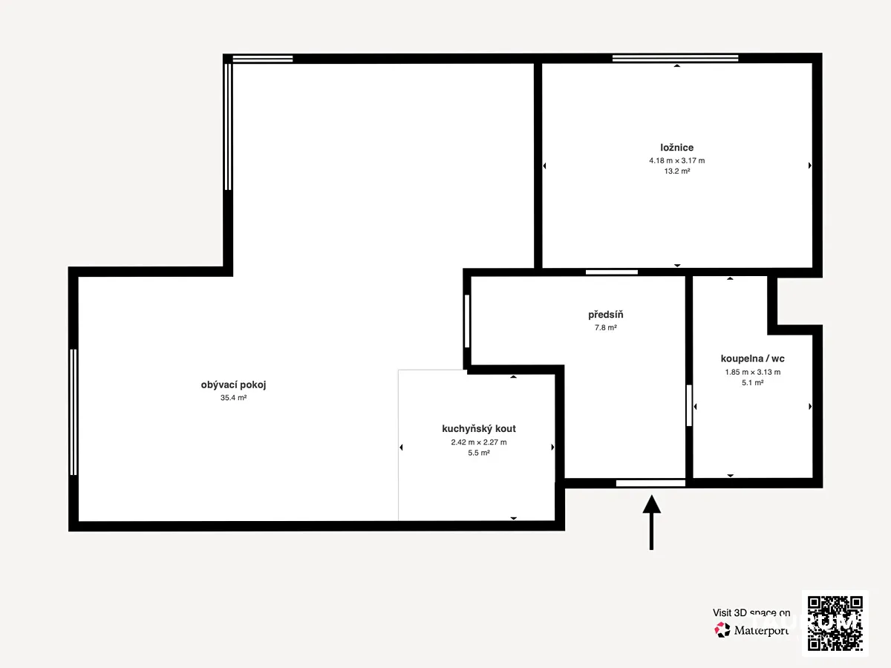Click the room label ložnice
point(676,148)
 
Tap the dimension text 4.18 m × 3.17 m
point(676,160)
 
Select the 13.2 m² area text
point(676,171)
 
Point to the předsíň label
point(606,314)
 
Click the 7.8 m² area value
point(606,328)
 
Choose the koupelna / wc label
point(753,358)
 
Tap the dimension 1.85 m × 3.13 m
point(753,372)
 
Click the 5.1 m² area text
point(753,382)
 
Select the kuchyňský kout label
point(479,429)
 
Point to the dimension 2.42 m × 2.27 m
point(479,442)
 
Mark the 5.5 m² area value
point(479,453)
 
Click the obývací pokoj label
point(233,385)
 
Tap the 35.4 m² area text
point(233,398)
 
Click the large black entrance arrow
point(651,523)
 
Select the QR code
point(835,623)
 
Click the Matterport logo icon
point(722,630)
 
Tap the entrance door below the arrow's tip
point(650,483)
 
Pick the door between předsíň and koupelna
point(689,405)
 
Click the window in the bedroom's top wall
point(675,59)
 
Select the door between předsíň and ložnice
point(611,272)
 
